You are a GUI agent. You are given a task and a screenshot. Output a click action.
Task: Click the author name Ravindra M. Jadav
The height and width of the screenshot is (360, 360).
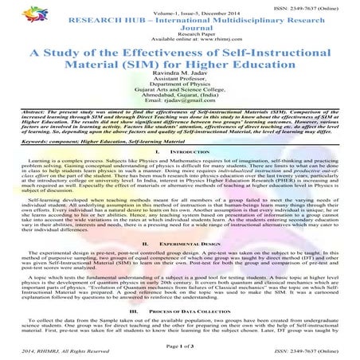coord(179,78)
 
